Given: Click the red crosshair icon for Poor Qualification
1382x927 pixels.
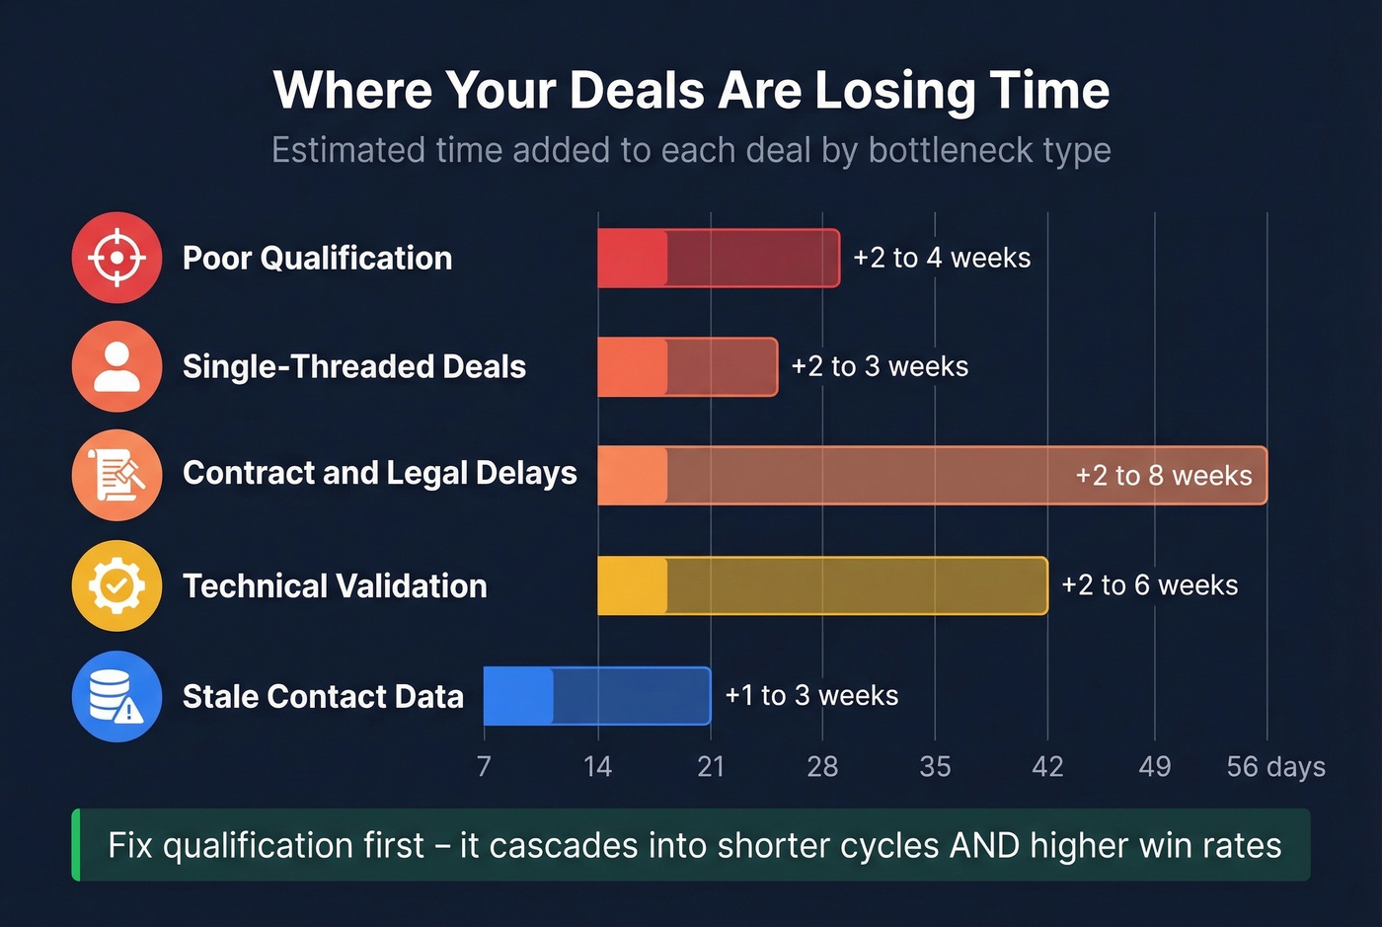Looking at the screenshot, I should coord(116,258).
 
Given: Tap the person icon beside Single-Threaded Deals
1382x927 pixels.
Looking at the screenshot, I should coord(116,366).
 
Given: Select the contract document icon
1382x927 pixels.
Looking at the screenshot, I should coord(116,475).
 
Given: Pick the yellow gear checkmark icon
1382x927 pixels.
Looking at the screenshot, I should coord(116,585).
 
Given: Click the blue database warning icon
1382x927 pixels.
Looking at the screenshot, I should coord(116,696).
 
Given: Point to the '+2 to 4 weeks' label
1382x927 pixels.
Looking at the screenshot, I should coord(941,258).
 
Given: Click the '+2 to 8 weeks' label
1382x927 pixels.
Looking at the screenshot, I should coord(1163,476).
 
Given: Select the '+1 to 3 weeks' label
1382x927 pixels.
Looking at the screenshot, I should coord(811,695).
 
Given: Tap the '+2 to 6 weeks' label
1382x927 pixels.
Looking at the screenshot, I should coord(1149,585).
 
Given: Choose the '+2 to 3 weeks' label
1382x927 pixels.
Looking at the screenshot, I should coord(880,366).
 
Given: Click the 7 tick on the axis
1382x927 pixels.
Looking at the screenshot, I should coord(484,766).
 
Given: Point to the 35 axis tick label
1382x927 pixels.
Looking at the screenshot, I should coord(935,766).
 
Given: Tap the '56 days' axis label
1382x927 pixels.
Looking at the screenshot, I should coord(1275,766).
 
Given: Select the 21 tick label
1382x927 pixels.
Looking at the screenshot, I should coord(711,766).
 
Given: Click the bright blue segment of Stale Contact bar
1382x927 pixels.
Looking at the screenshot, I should coord(518,696).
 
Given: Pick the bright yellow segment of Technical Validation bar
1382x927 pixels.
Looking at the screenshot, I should coord(632,585).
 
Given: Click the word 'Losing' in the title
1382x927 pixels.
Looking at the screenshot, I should coord(895,90).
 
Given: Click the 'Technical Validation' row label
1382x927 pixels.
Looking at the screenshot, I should coord(335,585).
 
